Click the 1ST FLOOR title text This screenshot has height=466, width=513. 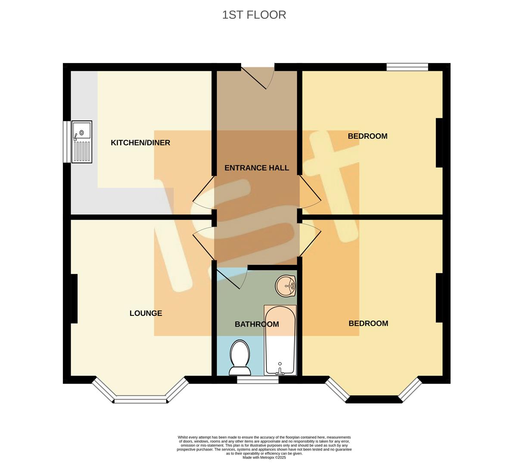point(254,15)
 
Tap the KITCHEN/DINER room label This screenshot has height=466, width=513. point(140,143)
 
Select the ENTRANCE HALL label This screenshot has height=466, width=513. point(257,168)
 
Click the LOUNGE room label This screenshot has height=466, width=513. point(146,313)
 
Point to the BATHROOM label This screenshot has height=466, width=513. point(257,324)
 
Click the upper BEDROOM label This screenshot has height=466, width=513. point(367,136)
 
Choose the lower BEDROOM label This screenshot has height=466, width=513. point(368,323)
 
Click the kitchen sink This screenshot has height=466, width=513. point(82,142)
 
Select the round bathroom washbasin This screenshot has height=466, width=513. point(286,286)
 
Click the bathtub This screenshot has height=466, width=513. point(280,340)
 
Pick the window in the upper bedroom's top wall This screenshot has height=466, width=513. point(407,67)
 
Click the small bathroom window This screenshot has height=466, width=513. point(258,380)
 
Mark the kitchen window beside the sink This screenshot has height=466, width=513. point(67,142)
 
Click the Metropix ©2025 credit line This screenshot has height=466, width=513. point(264,457)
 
